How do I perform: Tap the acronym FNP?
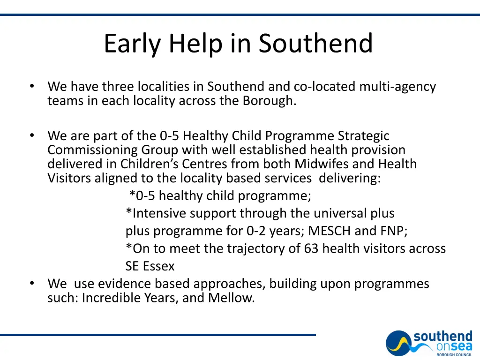coord(391,231)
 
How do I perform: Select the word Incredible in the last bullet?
coord(107,298)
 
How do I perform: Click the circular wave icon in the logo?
coord(399,344)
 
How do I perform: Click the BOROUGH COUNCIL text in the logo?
coord(454,355)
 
